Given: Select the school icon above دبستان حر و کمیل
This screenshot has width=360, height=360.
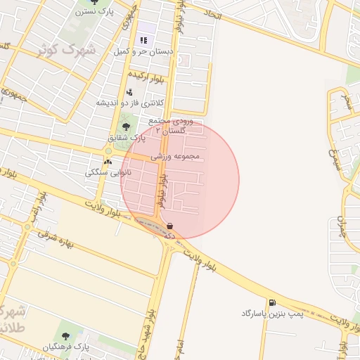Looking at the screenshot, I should coord(144,39).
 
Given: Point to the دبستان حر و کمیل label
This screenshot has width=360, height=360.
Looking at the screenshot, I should coord(143,51).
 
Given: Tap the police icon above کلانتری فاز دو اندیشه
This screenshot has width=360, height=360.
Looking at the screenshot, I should coord(129,91).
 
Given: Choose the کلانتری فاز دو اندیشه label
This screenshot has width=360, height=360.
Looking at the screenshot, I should coord(130,103).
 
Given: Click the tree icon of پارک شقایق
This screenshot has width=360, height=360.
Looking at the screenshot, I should coord(126,127).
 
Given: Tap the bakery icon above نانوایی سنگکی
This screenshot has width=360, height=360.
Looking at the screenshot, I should coord(108,162).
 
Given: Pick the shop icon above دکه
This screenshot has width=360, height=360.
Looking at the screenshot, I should coord(169,226).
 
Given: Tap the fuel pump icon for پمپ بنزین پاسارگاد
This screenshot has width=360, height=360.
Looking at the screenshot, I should coord(272,302).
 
